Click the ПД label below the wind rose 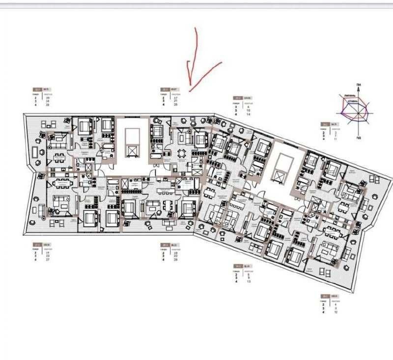[360, 139]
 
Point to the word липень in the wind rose [351, 96]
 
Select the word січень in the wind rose [352, 102]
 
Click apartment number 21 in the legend [175, 101]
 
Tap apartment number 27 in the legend [48, 259]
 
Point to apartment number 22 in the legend [175, 256]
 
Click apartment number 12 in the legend [335, 312]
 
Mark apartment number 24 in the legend [48, 101]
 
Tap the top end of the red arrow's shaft [196, 28]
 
